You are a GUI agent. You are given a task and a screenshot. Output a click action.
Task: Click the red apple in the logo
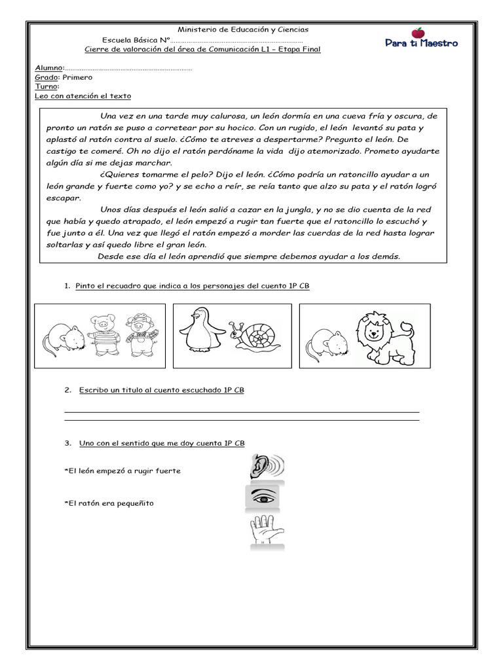click(417, 33)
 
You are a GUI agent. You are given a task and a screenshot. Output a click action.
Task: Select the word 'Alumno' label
click(48, 68)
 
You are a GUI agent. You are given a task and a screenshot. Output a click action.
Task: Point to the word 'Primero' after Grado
click(77, 77)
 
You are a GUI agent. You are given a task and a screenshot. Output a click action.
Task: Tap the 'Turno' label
click(46, 86)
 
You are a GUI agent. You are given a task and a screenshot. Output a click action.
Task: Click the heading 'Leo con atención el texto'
click(83, 96)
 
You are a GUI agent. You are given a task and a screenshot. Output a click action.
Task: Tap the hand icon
click(265, 530)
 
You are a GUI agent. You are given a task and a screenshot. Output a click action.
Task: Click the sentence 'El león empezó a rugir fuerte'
click(122, 471)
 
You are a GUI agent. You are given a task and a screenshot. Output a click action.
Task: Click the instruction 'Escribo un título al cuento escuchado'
click(162, 390)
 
